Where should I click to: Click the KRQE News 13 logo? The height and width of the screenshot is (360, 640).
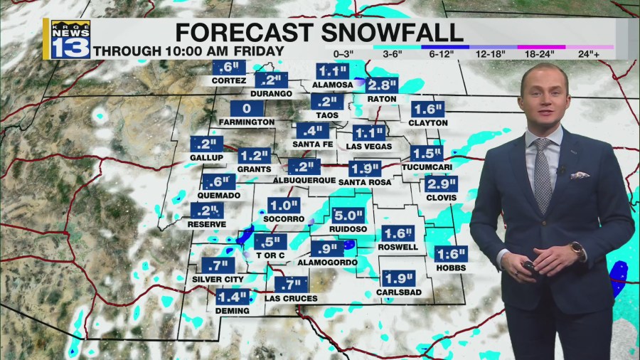click(70, 39)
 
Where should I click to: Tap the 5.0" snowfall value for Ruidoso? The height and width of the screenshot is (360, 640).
click(348, 215)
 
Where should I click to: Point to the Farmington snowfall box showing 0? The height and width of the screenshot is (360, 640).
click(247, 109)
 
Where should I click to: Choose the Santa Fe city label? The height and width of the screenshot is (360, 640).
click(312, 144)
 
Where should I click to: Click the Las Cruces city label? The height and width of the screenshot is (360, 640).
click(291, 299)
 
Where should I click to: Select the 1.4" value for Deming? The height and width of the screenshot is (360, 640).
click(232, 297)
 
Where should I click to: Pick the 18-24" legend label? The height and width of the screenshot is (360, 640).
click(540, 54)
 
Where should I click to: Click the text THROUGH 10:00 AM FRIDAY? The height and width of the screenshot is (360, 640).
click(188, 51)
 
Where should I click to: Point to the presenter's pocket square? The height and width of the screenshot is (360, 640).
click(580, 174)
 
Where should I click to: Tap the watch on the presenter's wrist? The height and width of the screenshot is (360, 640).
click(577, 250)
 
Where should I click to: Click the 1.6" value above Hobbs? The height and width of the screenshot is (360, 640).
click(451, 255)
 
